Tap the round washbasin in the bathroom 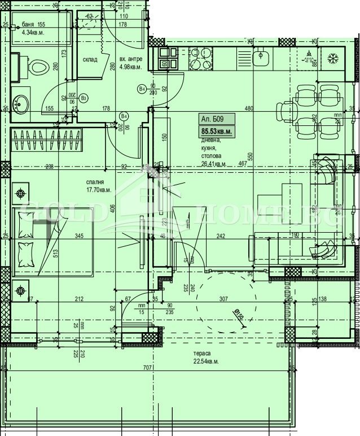click(22, 103)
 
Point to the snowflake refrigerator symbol click(332, 58)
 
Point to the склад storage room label click(90, 59)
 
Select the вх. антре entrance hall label click(131, 59)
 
